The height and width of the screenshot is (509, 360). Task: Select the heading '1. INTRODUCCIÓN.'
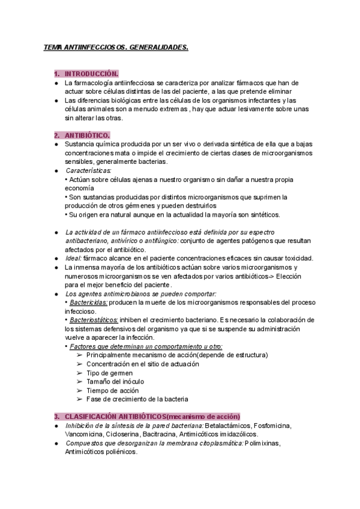[86, 73]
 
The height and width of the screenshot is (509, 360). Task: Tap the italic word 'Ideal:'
[74, 258]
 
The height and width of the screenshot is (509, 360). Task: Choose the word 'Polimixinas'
[262, 443]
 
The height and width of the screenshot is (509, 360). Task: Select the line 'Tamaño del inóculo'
[115, 381]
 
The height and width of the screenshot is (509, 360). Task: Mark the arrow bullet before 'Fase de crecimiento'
[80, 399]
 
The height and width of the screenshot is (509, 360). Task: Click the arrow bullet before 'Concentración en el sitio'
[80, 364]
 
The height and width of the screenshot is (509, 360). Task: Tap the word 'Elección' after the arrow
[287, 276]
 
